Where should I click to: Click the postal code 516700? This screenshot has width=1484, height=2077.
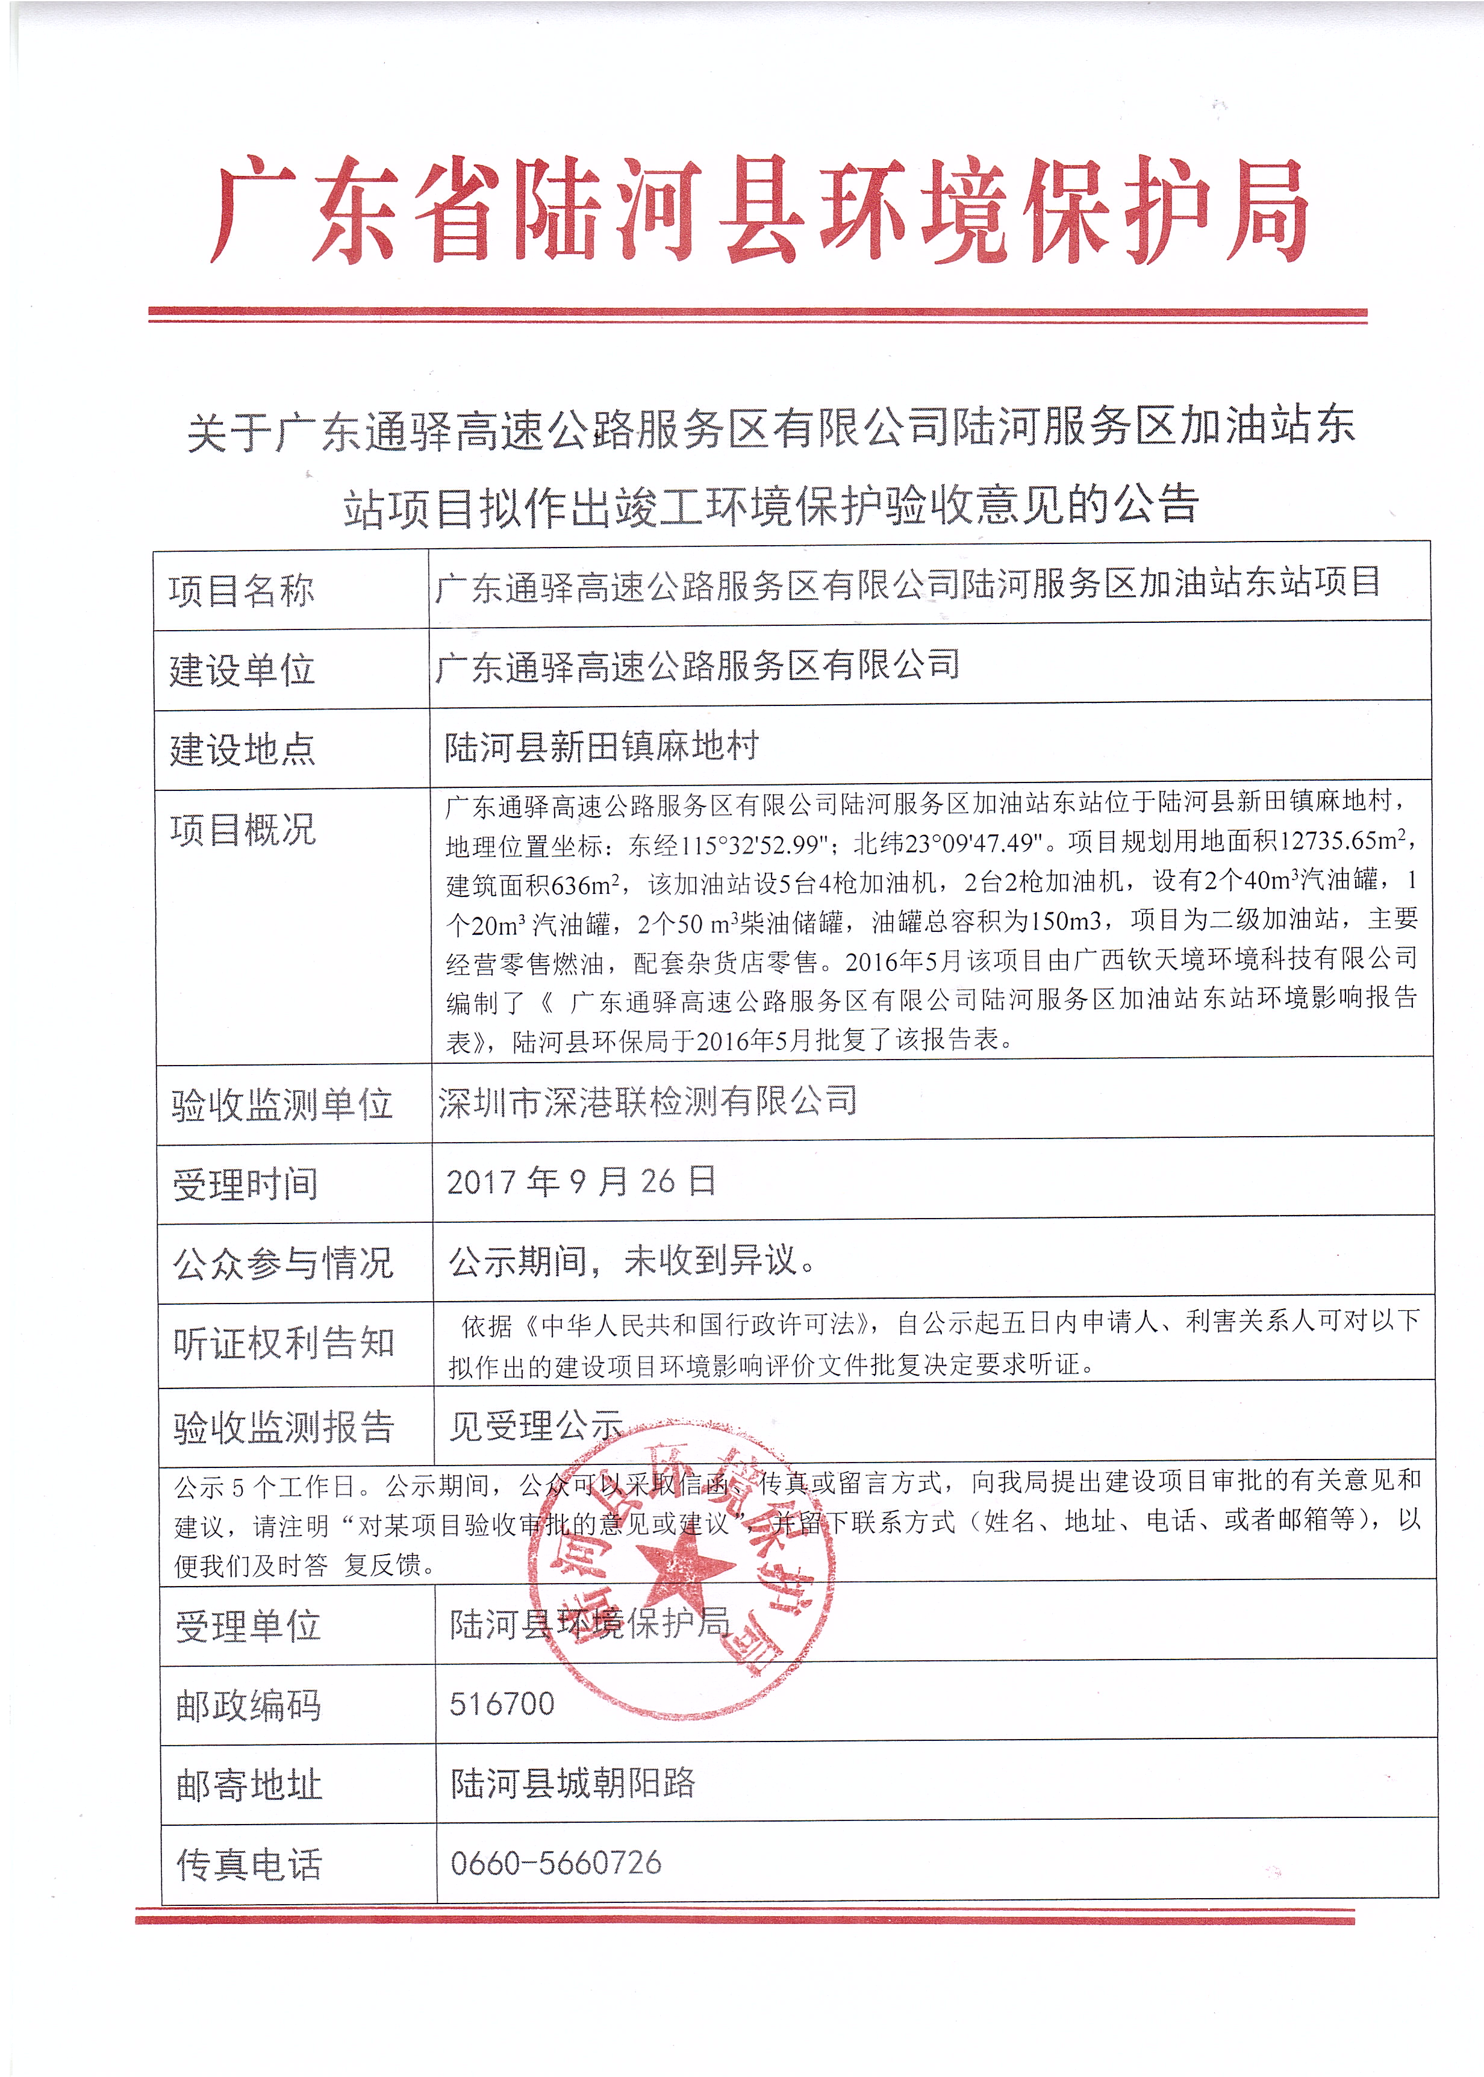(502, 1704)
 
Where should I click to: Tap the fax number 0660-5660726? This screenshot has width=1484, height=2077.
(555, 1863)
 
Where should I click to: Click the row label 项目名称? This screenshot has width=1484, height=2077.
(242, 590)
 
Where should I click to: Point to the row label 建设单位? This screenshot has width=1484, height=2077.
(242, 670)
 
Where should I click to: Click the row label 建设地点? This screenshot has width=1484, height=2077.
(242, 749)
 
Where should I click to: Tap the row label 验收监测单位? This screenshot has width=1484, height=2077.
(282, 1105)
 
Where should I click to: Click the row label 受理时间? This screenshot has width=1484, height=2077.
(245, 1184)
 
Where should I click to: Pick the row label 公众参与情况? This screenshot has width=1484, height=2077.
(283, 1264)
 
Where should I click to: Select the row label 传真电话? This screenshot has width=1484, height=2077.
(249, 1865)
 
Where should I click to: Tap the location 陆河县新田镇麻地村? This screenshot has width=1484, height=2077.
(601, 746)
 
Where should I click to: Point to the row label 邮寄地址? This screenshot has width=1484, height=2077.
(249, 1785)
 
